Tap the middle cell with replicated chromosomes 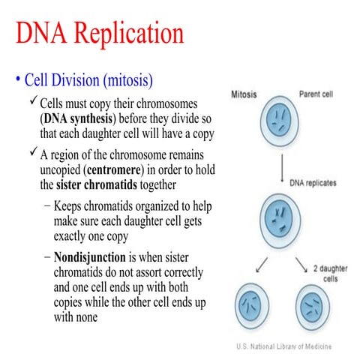pos(280,219)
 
